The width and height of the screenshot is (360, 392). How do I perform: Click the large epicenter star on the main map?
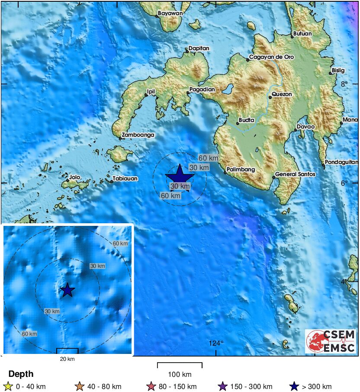[180, 175]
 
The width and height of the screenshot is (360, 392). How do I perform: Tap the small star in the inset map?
[67, 290]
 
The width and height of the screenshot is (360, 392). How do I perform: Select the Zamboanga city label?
[138, 135]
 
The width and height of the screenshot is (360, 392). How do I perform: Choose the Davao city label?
[305, 127]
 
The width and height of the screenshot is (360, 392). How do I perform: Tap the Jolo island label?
[75, 177]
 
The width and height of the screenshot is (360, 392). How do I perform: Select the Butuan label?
[302, 33]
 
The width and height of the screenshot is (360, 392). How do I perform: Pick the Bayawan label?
[170, 13]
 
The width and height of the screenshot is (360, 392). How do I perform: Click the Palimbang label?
[241, 170]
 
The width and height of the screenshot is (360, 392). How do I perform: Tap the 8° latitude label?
[344, 84]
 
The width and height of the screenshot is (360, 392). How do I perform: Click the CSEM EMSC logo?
[331, 341]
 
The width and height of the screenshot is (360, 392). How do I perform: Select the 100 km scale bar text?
[180, 374]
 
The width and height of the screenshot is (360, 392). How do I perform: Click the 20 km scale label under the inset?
[67, 359]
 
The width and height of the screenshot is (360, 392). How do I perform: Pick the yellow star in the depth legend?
[7, 387]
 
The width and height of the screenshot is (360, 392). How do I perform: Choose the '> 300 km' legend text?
[317, 387]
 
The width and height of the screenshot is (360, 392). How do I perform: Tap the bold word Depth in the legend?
[21, 374]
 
